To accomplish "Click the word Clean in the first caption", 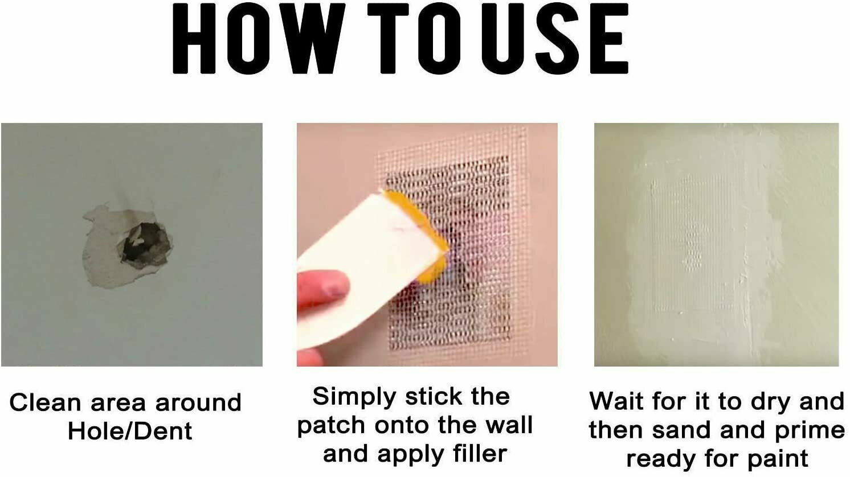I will pyautogui.click(x=46, y=402).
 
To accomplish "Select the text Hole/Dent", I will pyautogui.click(x=130, y=431).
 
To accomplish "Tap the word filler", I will pyautogui.click(x=480, y=454).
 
